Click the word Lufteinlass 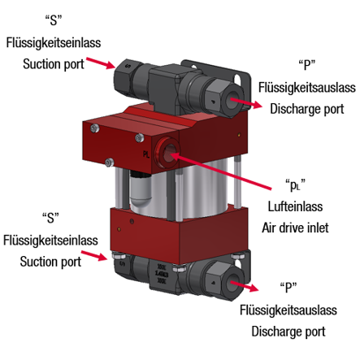click(295, 206)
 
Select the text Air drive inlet click(295, 228)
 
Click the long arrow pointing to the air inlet click(221, 171)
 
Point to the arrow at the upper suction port click(101, 63)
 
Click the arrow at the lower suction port click(94, 256)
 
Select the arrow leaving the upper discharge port click(246, 103)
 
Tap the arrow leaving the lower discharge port click(245, 286)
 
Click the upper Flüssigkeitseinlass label click(54, 43)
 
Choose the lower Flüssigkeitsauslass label click(288, 310)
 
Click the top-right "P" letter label click(307, 65)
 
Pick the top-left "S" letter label click(54, 20)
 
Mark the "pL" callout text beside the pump click(295, 185)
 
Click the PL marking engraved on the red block click(146, 154)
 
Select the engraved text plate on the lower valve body click(162, 274)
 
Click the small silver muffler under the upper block click(141, 188)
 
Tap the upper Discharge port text click(307, 109)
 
